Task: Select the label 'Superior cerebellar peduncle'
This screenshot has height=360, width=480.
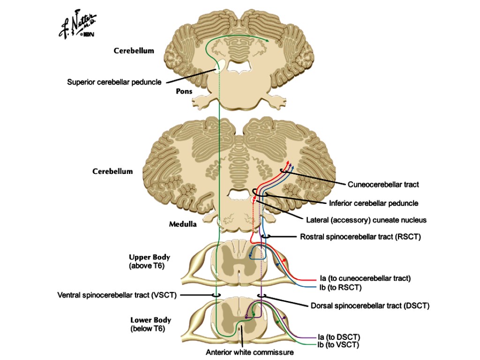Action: (x=114, y=82)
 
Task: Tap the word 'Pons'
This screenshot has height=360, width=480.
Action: (x=184, y=91)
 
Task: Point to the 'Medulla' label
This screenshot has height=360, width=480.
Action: (x=183, y=224)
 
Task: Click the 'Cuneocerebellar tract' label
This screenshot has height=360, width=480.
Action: (x=383, y=185)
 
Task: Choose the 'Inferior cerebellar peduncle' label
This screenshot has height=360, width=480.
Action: (x=373, y=203)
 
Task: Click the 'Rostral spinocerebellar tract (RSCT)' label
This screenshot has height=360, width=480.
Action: (x=360, y=237)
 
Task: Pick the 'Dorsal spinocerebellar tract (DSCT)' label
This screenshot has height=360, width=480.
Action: (x=370, y=306)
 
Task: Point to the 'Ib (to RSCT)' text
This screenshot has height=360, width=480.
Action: (x=337, y=287)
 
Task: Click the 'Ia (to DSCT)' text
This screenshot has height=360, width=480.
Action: (x=338, y=337)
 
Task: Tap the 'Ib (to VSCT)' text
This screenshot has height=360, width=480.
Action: (x=338, y=345)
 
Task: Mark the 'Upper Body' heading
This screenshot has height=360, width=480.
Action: (x=150, y=257)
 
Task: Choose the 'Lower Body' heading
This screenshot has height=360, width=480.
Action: (x=150, y=320)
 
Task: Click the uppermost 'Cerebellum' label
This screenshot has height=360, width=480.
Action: (x=134, y=51)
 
